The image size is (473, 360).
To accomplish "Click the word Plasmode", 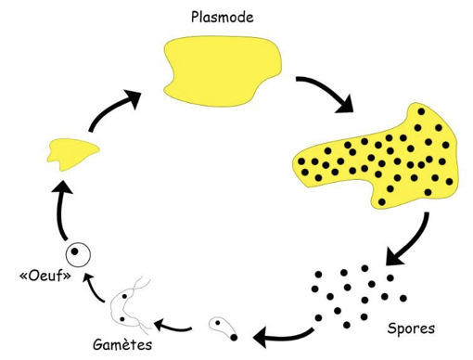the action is (223, 18).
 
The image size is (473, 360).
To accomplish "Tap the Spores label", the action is (411, 328).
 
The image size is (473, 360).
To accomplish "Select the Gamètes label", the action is (122, 344).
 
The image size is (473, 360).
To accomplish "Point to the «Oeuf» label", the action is (45, 276).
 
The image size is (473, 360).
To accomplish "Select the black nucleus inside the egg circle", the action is (74, 251).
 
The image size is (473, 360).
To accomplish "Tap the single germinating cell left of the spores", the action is (224, 328).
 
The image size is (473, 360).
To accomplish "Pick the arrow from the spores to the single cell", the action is (283, 336).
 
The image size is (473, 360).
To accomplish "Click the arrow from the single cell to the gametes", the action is (173, 328).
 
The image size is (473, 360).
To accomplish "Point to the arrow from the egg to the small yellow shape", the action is (61, 211).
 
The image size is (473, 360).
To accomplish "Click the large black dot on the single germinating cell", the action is (234, 337).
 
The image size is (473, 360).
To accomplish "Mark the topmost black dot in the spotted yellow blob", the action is (421, 111).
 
